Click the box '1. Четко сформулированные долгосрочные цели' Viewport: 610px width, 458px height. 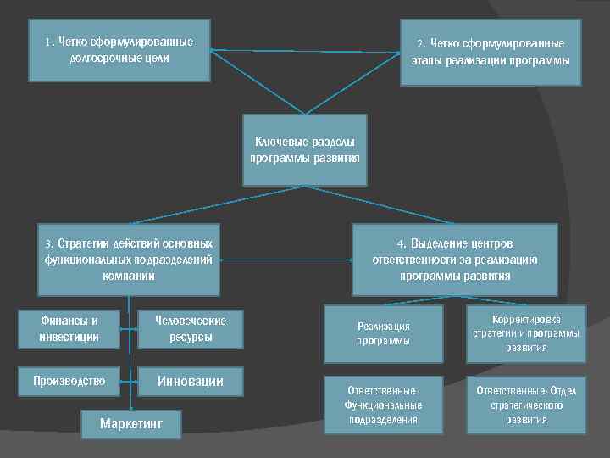click(x=119, y=50)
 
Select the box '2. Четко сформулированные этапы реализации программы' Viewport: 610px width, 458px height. click(x=491, y=53)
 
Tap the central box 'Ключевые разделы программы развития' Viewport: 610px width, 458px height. click(x=305, y=150)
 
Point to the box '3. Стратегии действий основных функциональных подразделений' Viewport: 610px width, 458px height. click(x=129, y=259)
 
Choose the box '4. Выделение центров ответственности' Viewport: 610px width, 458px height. click(x=454, y=259)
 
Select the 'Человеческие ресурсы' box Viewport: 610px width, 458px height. click(x=189, y=329)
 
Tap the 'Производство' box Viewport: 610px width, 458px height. click(x=69, y=382)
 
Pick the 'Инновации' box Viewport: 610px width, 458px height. click(x=191, y=382)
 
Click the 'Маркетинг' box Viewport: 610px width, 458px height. click(x=130, y=423)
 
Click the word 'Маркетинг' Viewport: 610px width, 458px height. click(x=130, y=423)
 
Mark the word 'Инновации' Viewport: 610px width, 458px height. click(x=191, y=382)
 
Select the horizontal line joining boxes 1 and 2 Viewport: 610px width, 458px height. click(x=305, y=52)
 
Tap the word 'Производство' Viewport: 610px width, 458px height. click(x=69, y=382)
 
